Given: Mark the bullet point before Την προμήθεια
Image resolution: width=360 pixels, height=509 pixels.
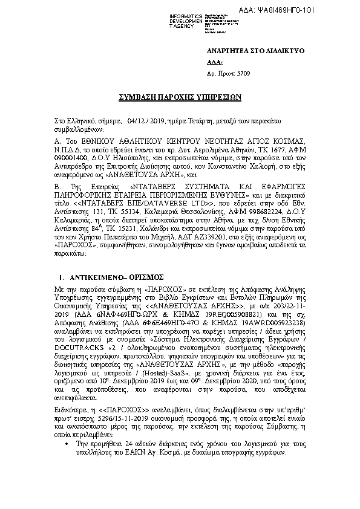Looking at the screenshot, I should (x=65, y=444).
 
